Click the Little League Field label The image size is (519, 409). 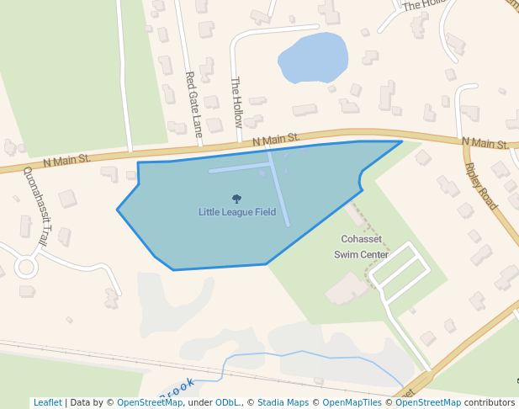pyautogui.click(x=237, y=212)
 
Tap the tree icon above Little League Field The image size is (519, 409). pyautogui.click(x=236, y=199)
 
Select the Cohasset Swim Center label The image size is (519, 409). pyautogui.click(x=362, y=247)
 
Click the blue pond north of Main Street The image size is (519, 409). pyautogui.click(x=312, y=58)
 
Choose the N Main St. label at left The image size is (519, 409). pyautogui.click(x=67, y=157)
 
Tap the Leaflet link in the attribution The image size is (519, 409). pyautogui.click(x=47, y=402)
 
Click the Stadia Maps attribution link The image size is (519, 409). pyautogui.click(x=283, y=402)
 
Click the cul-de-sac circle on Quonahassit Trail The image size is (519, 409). pyautogui.click(x=25, y=268)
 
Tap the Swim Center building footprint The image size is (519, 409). pyautogui.click(x=345, y=289)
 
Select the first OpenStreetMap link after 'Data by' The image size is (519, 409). pyautogui.click(x=150, y=402)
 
